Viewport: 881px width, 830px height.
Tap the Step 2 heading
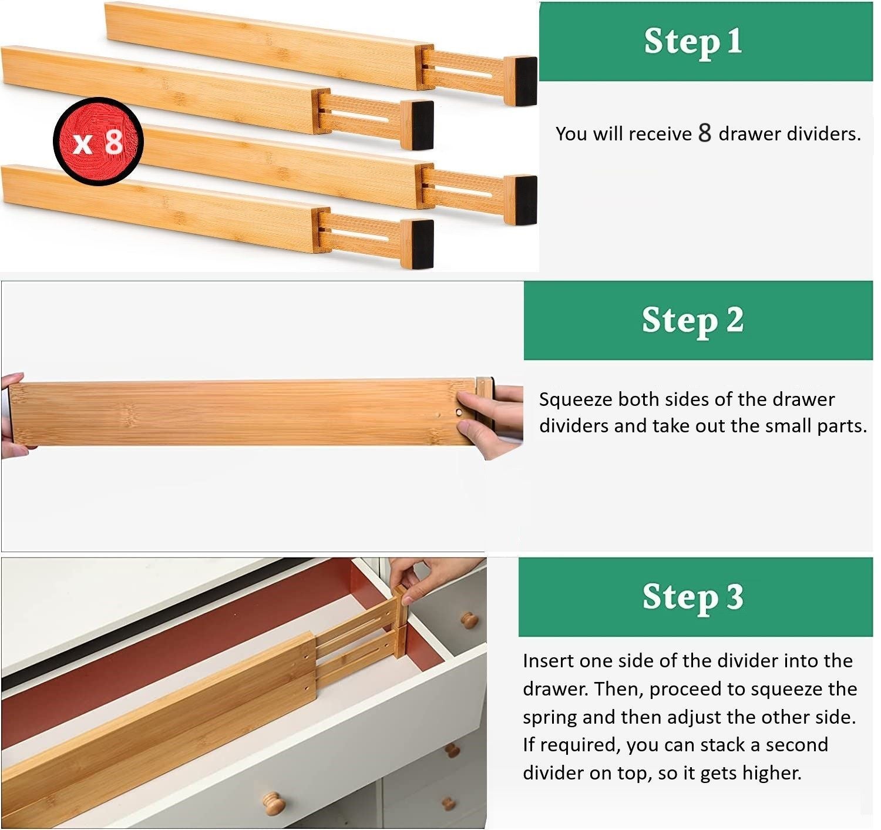693,320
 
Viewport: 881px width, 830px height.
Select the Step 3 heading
693,597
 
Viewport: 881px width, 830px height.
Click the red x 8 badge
98,142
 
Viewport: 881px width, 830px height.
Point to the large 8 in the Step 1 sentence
705,133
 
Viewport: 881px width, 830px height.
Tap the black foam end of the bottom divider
422,244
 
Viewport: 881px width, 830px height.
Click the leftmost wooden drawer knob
274,803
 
